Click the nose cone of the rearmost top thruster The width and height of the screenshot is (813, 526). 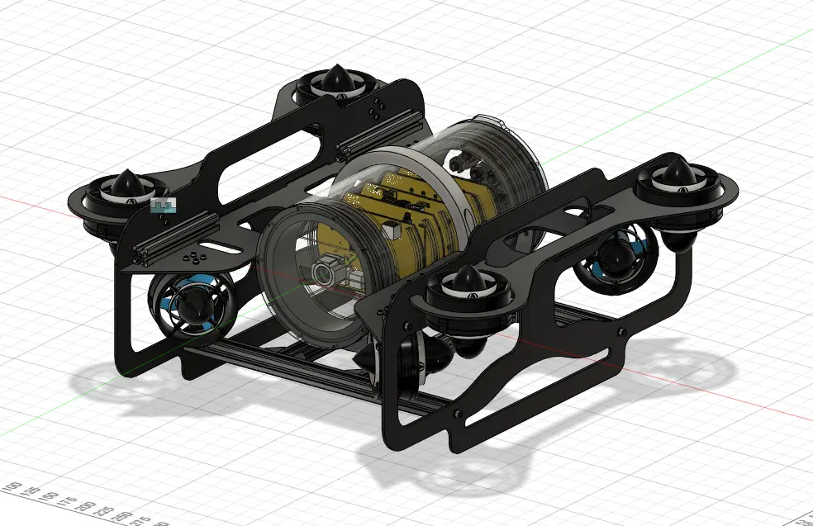point(336,78)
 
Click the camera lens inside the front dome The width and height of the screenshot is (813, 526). point(325,272)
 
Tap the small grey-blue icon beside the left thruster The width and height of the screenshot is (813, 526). point(163,205)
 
